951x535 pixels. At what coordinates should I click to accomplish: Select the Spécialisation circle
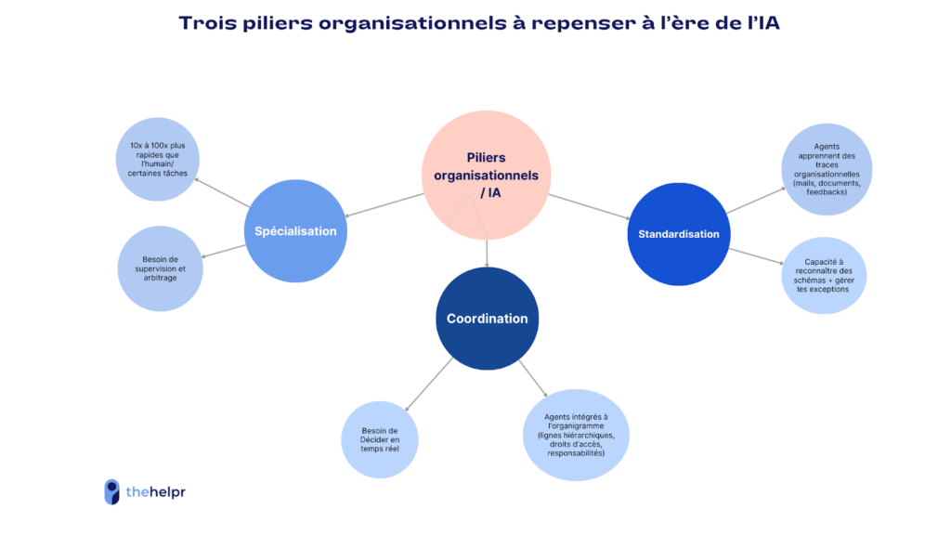point(295,230)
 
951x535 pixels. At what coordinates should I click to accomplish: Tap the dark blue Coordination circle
point(487,318)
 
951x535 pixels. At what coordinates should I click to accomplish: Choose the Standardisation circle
point(678,234)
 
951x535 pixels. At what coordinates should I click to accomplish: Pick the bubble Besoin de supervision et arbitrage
point(161,268)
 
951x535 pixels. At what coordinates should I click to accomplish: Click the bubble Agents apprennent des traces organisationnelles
point(826,167)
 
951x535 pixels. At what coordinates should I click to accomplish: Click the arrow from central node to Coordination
point(487,252)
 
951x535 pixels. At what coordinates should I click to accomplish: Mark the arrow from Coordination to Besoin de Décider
point(429,383)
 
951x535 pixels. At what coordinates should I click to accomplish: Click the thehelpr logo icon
point(111,491)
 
